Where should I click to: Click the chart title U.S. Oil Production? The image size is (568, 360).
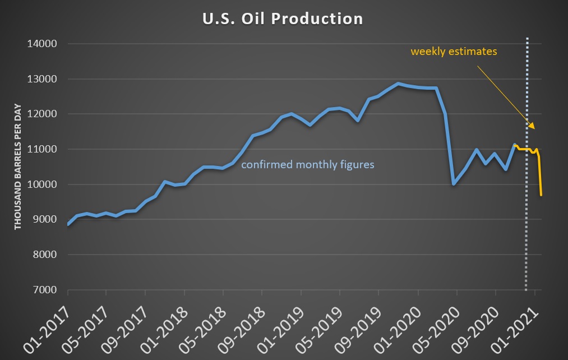click(283, 19)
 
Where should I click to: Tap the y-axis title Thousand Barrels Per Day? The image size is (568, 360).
click(18, 167)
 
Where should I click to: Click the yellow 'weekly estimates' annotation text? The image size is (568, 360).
click(454, 52)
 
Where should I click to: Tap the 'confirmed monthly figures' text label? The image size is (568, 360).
click(308, 165)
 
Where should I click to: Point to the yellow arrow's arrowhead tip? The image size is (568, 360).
click(535, 129)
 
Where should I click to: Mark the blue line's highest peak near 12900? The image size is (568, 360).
click(398, 84)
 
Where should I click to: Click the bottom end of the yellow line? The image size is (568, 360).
click(541, 195)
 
